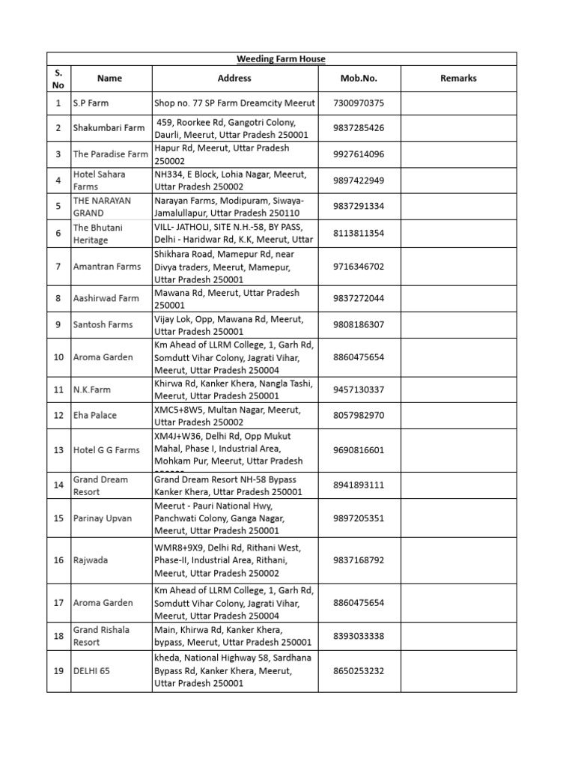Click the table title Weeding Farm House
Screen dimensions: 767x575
(281, 59)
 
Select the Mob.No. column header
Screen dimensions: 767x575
(359, 78)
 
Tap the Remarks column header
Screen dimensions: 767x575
(458, 78)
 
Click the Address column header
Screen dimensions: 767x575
(234, 78)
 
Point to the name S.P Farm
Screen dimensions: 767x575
(91, 103)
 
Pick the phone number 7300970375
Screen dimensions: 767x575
(359, 103)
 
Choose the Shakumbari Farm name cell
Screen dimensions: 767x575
(109, 128)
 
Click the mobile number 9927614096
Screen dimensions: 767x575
(359, 154)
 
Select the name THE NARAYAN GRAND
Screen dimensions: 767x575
(102, 207)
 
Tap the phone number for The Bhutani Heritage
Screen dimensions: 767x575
(359, 234)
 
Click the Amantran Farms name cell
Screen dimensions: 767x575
(107, 267)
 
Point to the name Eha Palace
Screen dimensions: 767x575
(95, 415)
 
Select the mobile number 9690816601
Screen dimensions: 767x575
(359, 450)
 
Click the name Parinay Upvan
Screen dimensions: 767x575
(103, 518)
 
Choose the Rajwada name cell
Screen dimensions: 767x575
(91, 560)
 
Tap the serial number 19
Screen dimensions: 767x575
(58, 671)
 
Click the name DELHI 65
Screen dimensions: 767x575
(91, 671)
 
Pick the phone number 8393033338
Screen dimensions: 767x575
(359, 636)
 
